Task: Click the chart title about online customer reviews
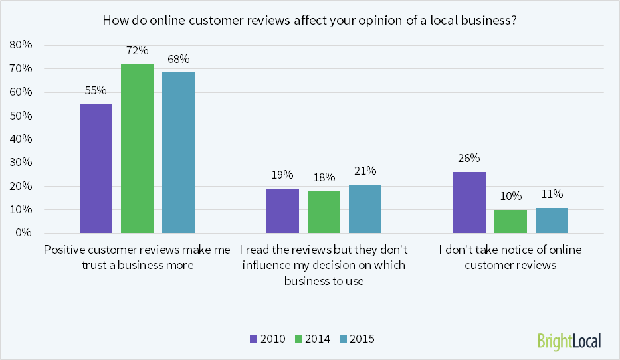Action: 310,20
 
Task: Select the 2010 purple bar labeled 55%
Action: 96,169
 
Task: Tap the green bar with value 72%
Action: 137,149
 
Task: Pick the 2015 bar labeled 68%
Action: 178,153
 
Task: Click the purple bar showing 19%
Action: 282,211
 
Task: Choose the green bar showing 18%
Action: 324,212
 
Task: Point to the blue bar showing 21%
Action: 365,209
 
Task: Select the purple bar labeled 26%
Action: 469,203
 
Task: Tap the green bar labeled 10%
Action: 510,221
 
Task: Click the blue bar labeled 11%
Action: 552,221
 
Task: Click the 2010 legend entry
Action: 267,339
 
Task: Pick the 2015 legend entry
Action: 357,339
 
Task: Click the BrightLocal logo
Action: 569,341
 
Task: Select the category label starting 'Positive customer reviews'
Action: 137,258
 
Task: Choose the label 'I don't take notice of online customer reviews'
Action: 510,258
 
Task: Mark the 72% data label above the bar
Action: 137,51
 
